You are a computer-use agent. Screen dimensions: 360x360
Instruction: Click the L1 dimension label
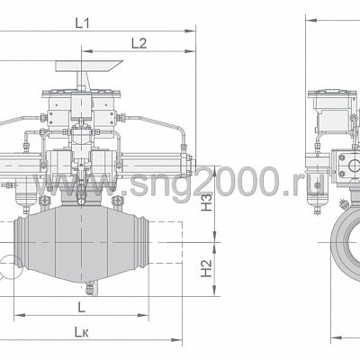click(82, 23)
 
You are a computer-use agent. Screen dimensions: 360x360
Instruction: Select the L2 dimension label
click(139, 43)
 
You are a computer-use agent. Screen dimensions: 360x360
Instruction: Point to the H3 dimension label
click(206, 202)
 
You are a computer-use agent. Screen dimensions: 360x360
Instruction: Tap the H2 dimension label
click(206, 268)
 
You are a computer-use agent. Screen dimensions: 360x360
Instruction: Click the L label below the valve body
click(81, 307)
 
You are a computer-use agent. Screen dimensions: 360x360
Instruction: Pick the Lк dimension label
click(82, 332)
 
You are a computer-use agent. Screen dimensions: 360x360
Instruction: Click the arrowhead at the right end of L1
click(190, 31)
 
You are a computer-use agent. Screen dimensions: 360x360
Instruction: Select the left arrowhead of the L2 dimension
click(87, 51)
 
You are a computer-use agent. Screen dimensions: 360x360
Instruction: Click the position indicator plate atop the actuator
click(89, 67)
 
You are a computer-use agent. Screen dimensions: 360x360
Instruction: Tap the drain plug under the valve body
click(89, 289)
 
